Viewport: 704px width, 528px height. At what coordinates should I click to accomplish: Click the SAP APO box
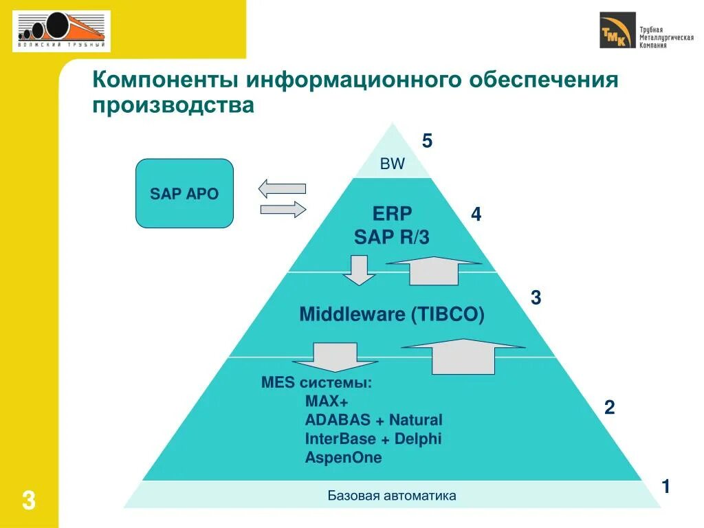pyautogui.click(x=184, y=193)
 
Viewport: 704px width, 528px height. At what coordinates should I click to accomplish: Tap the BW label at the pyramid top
pyautogui.click(x=393, y=164)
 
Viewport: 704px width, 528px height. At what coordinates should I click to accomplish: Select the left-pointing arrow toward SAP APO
pyautogui.click(x=282, y=188)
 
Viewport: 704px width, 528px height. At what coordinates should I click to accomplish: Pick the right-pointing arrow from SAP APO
pyautogui.click(x=283, y=209)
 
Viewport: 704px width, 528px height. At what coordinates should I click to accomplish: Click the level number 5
pyautogui.click(x=427, y=142)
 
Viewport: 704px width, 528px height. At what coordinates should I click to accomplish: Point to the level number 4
pyautogui.click(x=476, y=215)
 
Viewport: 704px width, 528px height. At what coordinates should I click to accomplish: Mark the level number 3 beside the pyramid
pyautogui.click(x=536, y=298)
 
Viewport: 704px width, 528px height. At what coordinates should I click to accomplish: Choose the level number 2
pyautogui.click(x=609, y=408)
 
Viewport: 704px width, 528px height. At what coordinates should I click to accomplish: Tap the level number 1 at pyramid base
pyautogui.click(x=665, y=487)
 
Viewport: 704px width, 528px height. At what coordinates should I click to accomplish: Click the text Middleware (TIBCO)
pyautogui.click(x=392, y=315)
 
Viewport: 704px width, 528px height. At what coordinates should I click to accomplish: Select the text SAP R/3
pyautogui.click(x=392, y=238)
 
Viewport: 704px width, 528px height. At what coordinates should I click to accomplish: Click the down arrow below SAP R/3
pyautogui.click(x=358, y=270)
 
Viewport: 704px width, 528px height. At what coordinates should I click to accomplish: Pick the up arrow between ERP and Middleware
pyautogui.click(x=433, y=270)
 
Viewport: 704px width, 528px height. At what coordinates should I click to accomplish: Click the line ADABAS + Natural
pyautogui.click(x=373, y=420)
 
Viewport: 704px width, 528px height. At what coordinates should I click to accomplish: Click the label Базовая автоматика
pyautogui.click(x=391, y=496)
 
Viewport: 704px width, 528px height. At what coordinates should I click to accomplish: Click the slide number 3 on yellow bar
pyautogui.click(x=28, y=500)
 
